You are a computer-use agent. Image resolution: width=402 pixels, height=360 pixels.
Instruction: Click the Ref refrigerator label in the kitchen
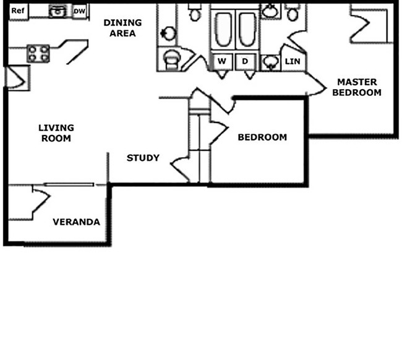pyautogui.click(x=17, y=11)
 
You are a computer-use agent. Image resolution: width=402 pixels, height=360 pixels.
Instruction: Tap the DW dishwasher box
pyautogui.click(x=79, y=11)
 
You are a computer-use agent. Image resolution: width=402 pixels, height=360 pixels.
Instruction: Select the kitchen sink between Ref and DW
pyautogui.click(x=57, y=11)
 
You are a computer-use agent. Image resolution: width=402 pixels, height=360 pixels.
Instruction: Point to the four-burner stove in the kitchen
pyautogui.click(x=38, y=54)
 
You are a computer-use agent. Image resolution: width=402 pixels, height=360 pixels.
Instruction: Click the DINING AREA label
pyautogui.click(x=122, y=28)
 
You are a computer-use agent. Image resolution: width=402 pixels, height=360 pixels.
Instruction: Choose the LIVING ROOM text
pyautogui.click(x=56, y=133)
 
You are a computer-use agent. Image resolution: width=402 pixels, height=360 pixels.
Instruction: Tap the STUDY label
pyautogui.click(x=143, y=158)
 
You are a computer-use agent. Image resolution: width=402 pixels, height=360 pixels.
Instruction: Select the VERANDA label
pyautogui.click(x=76, y=222)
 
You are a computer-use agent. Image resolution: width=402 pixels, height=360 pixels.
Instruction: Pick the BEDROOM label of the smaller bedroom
pyautogui.click(x=262, y=137)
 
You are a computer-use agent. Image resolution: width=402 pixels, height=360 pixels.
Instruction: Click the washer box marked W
pyautogui.click(x=221, y=61)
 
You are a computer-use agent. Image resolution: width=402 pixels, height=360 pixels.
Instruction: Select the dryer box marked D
pyautogui.click(x=245, y=61)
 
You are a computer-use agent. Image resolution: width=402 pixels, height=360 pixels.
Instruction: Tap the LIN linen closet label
pyautogui.click(x=292, y=61)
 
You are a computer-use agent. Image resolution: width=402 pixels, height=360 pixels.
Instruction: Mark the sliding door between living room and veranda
pyautogui.click(x=69, y=184)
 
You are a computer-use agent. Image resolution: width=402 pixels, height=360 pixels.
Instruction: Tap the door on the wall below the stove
pyautogui.click(x=16, y=77)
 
